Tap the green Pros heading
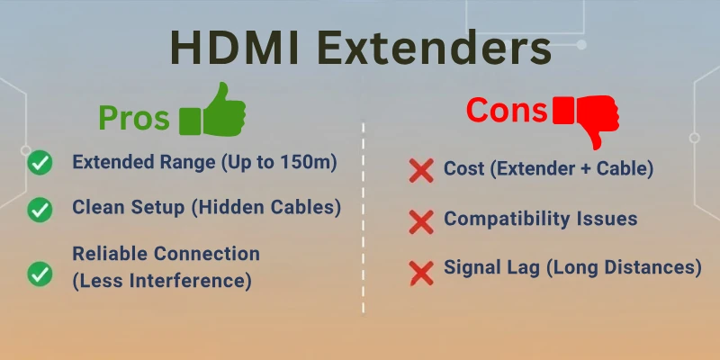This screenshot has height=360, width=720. coord(134,119)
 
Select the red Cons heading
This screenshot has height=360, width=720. coord(506,111)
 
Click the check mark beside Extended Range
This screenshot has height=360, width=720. coord(40,163)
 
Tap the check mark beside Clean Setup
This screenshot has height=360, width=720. coord(40,209)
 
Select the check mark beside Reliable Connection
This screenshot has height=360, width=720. coord(40,273)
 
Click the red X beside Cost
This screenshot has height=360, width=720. coord(420,169)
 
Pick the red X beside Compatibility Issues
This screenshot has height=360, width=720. coord(420,220)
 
